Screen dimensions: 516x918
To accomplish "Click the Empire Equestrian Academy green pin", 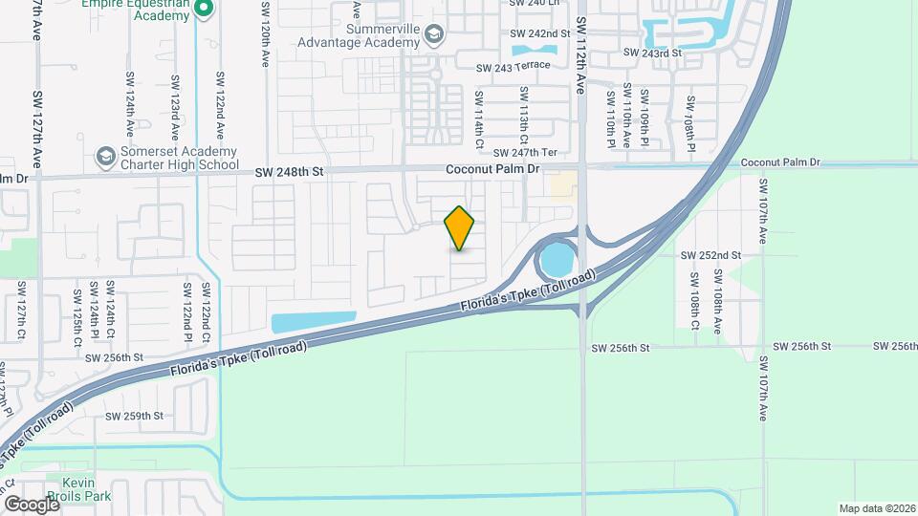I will pos(203,9).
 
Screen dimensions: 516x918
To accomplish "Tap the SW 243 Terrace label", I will pos(513,65).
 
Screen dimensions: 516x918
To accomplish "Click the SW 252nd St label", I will pos(710,255).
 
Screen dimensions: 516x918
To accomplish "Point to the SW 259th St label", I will pos(135,416).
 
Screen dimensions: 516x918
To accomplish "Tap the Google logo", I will pos(32,504).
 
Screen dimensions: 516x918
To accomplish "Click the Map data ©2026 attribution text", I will pos(876,507).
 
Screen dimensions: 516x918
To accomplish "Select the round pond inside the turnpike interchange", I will pos(555,259).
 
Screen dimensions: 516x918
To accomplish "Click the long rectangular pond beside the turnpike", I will pos(313,322).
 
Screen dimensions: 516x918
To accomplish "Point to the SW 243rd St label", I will pos(653,53).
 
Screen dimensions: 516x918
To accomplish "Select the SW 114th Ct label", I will pos(479,119).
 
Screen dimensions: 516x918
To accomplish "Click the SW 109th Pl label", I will pos(645,119).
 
